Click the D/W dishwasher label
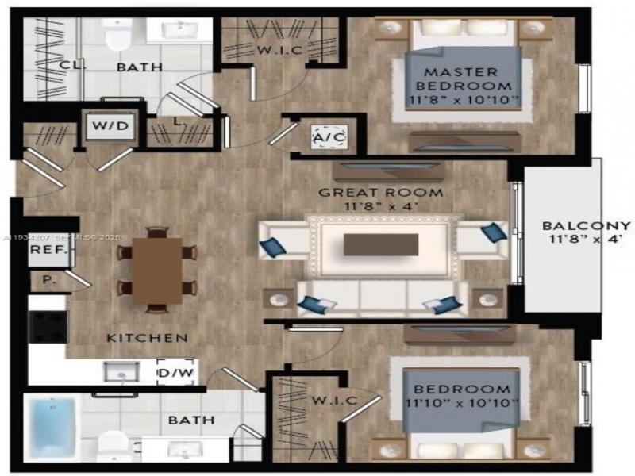pyautogui.click(x=175, y=371)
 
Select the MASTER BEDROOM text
pyautogui.click(x=464, y=79)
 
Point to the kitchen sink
pyautogui.click(x=121, y=370)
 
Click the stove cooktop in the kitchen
pyautogui.click(x=48, y=324)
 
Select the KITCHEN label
pyautogui.click(x=148, y=338)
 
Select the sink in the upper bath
pyautogui.click(x=179, y=30)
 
